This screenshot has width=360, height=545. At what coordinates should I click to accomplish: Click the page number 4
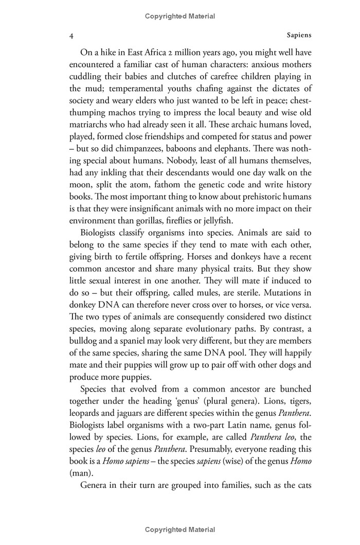[x=71, y=37]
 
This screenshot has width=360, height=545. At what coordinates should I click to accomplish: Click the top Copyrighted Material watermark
[x=180, y=16]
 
